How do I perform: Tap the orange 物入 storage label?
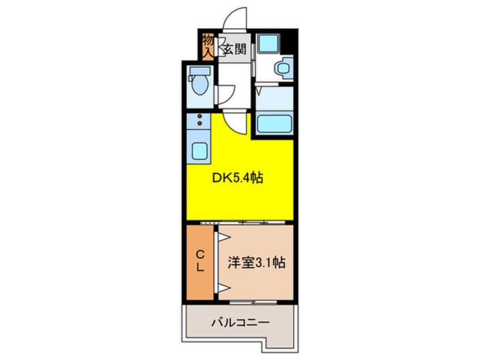[208, 46]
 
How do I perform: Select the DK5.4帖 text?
[237, 178]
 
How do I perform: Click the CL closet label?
[200, 262]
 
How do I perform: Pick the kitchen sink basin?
[199, 150]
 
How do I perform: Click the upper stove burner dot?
[199, 116]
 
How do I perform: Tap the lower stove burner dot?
[199, 124]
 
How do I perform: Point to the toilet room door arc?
[227, 94]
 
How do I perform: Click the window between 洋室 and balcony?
[253, 301]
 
